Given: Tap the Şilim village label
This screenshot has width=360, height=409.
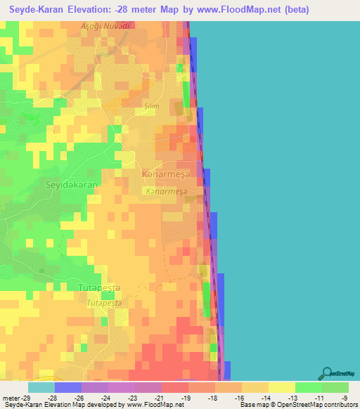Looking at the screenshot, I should pyautogui.click(x=152, y=106).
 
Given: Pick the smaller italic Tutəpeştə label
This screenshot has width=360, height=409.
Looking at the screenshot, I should pyautogui.click(x=104, y=303).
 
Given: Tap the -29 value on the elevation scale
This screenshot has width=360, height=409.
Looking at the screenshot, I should pyautogui.click(x=19, y=398).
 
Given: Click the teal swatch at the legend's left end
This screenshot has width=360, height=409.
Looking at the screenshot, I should pyautogui.click(x=41, y=387).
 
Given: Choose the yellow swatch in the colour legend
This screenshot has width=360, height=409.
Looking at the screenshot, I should pyautogui.click(x=281, y=387).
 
